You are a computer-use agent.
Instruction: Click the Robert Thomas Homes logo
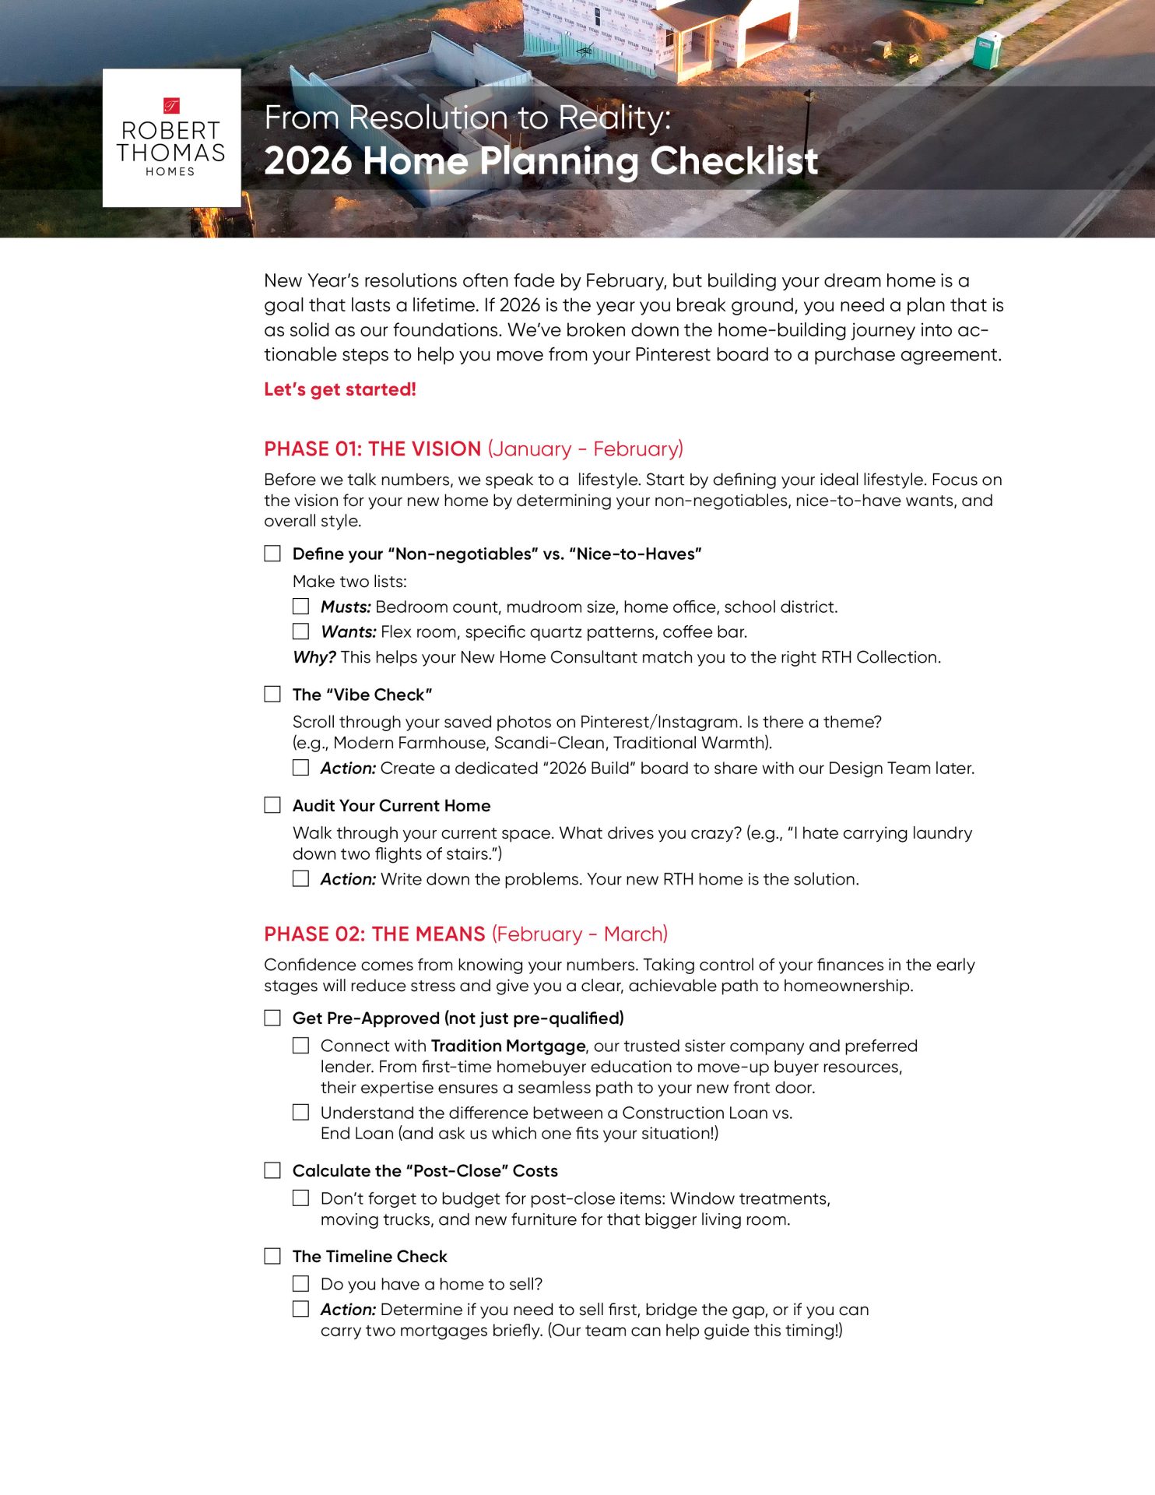coord(171,138)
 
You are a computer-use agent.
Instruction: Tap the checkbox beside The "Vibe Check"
coord(272,694)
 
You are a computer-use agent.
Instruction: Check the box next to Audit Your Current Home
coord(272,805)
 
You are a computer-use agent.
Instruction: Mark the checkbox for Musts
coord(300,606)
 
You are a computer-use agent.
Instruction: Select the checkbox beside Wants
coord(300,631)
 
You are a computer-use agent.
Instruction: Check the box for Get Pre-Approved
coord(272,1018)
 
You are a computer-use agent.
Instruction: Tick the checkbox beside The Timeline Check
coord(272,1256)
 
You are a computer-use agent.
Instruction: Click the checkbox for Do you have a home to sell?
coord(300,1283)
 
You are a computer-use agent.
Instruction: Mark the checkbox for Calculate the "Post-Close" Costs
coord(272,1170)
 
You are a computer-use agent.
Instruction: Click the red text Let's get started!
coord(339,389)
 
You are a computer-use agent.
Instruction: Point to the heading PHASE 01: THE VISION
coord(372,449)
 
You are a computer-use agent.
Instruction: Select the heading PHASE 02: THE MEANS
coord(374,934)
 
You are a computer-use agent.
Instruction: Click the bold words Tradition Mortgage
coord(507,1046)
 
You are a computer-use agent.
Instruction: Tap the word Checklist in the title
coord(733,161)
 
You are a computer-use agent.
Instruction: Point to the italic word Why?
coord(314,657)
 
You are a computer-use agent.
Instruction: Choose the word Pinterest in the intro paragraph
coord(672,355)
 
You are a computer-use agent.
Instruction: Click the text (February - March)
coord(580,934)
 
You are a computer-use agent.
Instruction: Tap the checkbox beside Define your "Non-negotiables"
coord(272,553)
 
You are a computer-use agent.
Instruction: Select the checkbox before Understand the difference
coord(300,1112)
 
